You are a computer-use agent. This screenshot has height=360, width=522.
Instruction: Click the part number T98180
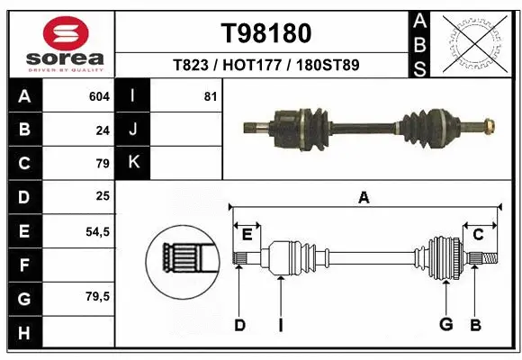point(266,33)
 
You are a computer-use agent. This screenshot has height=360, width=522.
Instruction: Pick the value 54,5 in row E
point(97,231)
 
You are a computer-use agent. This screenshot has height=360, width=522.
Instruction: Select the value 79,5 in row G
point(97,295)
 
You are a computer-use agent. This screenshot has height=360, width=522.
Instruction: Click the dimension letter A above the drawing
point(364,198)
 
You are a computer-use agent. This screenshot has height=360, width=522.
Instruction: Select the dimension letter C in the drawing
point(478,235)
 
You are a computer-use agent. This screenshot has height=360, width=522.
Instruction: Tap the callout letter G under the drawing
point(445,324)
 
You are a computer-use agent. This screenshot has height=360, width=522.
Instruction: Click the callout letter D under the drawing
point(239,324)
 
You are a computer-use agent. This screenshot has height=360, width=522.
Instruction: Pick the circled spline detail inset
point(184,259)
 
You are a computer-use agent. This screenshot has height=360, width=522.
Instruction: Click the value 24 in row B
point(103,130)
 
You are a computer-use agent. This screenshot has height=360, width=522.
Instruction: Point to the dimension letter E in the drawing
point(247,235)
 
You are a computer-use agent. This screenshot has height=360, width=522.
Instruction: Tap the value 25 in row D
point(103,196)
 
